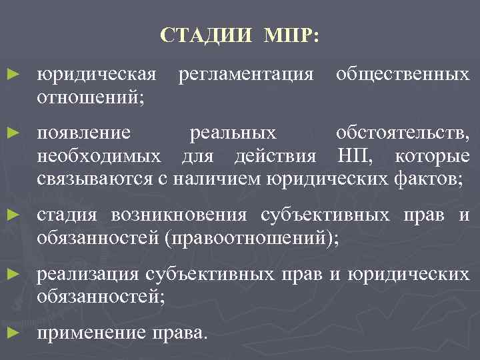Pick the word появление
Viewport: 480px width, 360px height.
tap(84, 133)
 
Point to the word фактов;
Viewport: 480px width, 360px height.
tap(427, 179)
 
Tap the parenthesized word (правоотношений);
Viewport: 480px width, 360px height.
tap(251, 238)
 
